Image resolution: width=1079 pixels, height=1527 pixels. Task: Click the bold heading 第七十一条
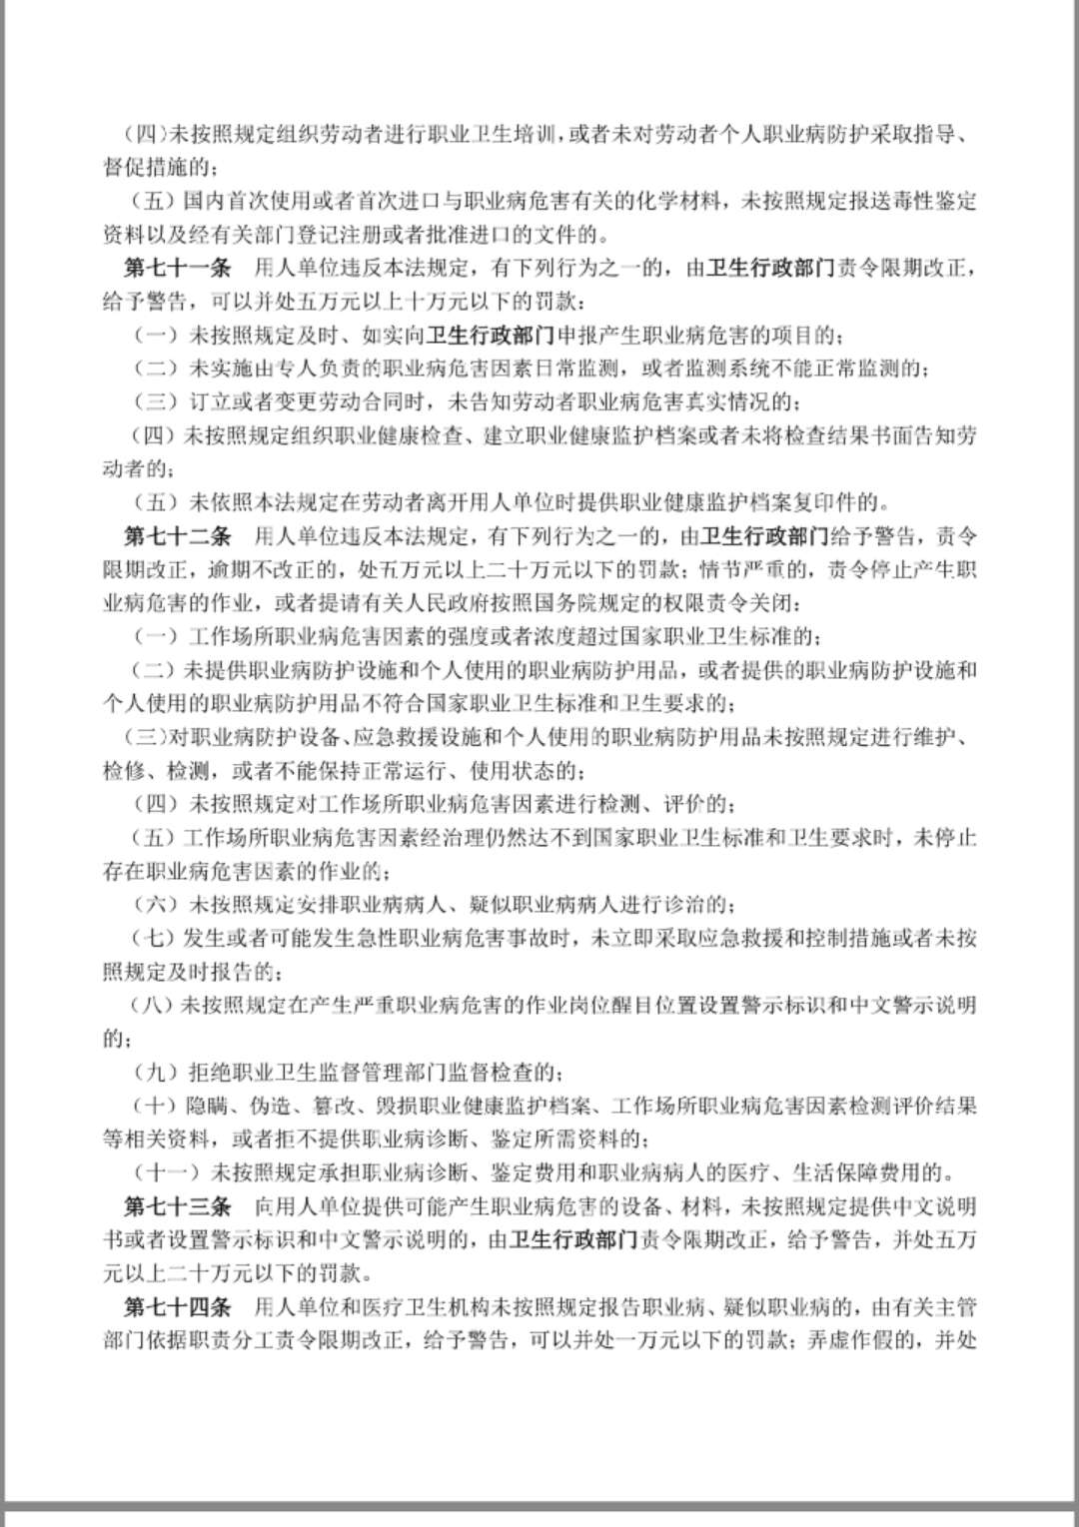(x=178, y=268)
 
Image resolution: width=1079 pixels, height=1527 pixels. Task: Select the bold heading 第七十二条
(x=178, y=536)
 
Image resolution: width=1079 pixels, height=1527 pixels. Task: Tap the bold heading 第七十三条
(x=178, y=1206)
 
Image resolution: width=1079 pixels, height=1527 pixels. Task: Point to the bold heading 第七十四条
(x=178, y=1306)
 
